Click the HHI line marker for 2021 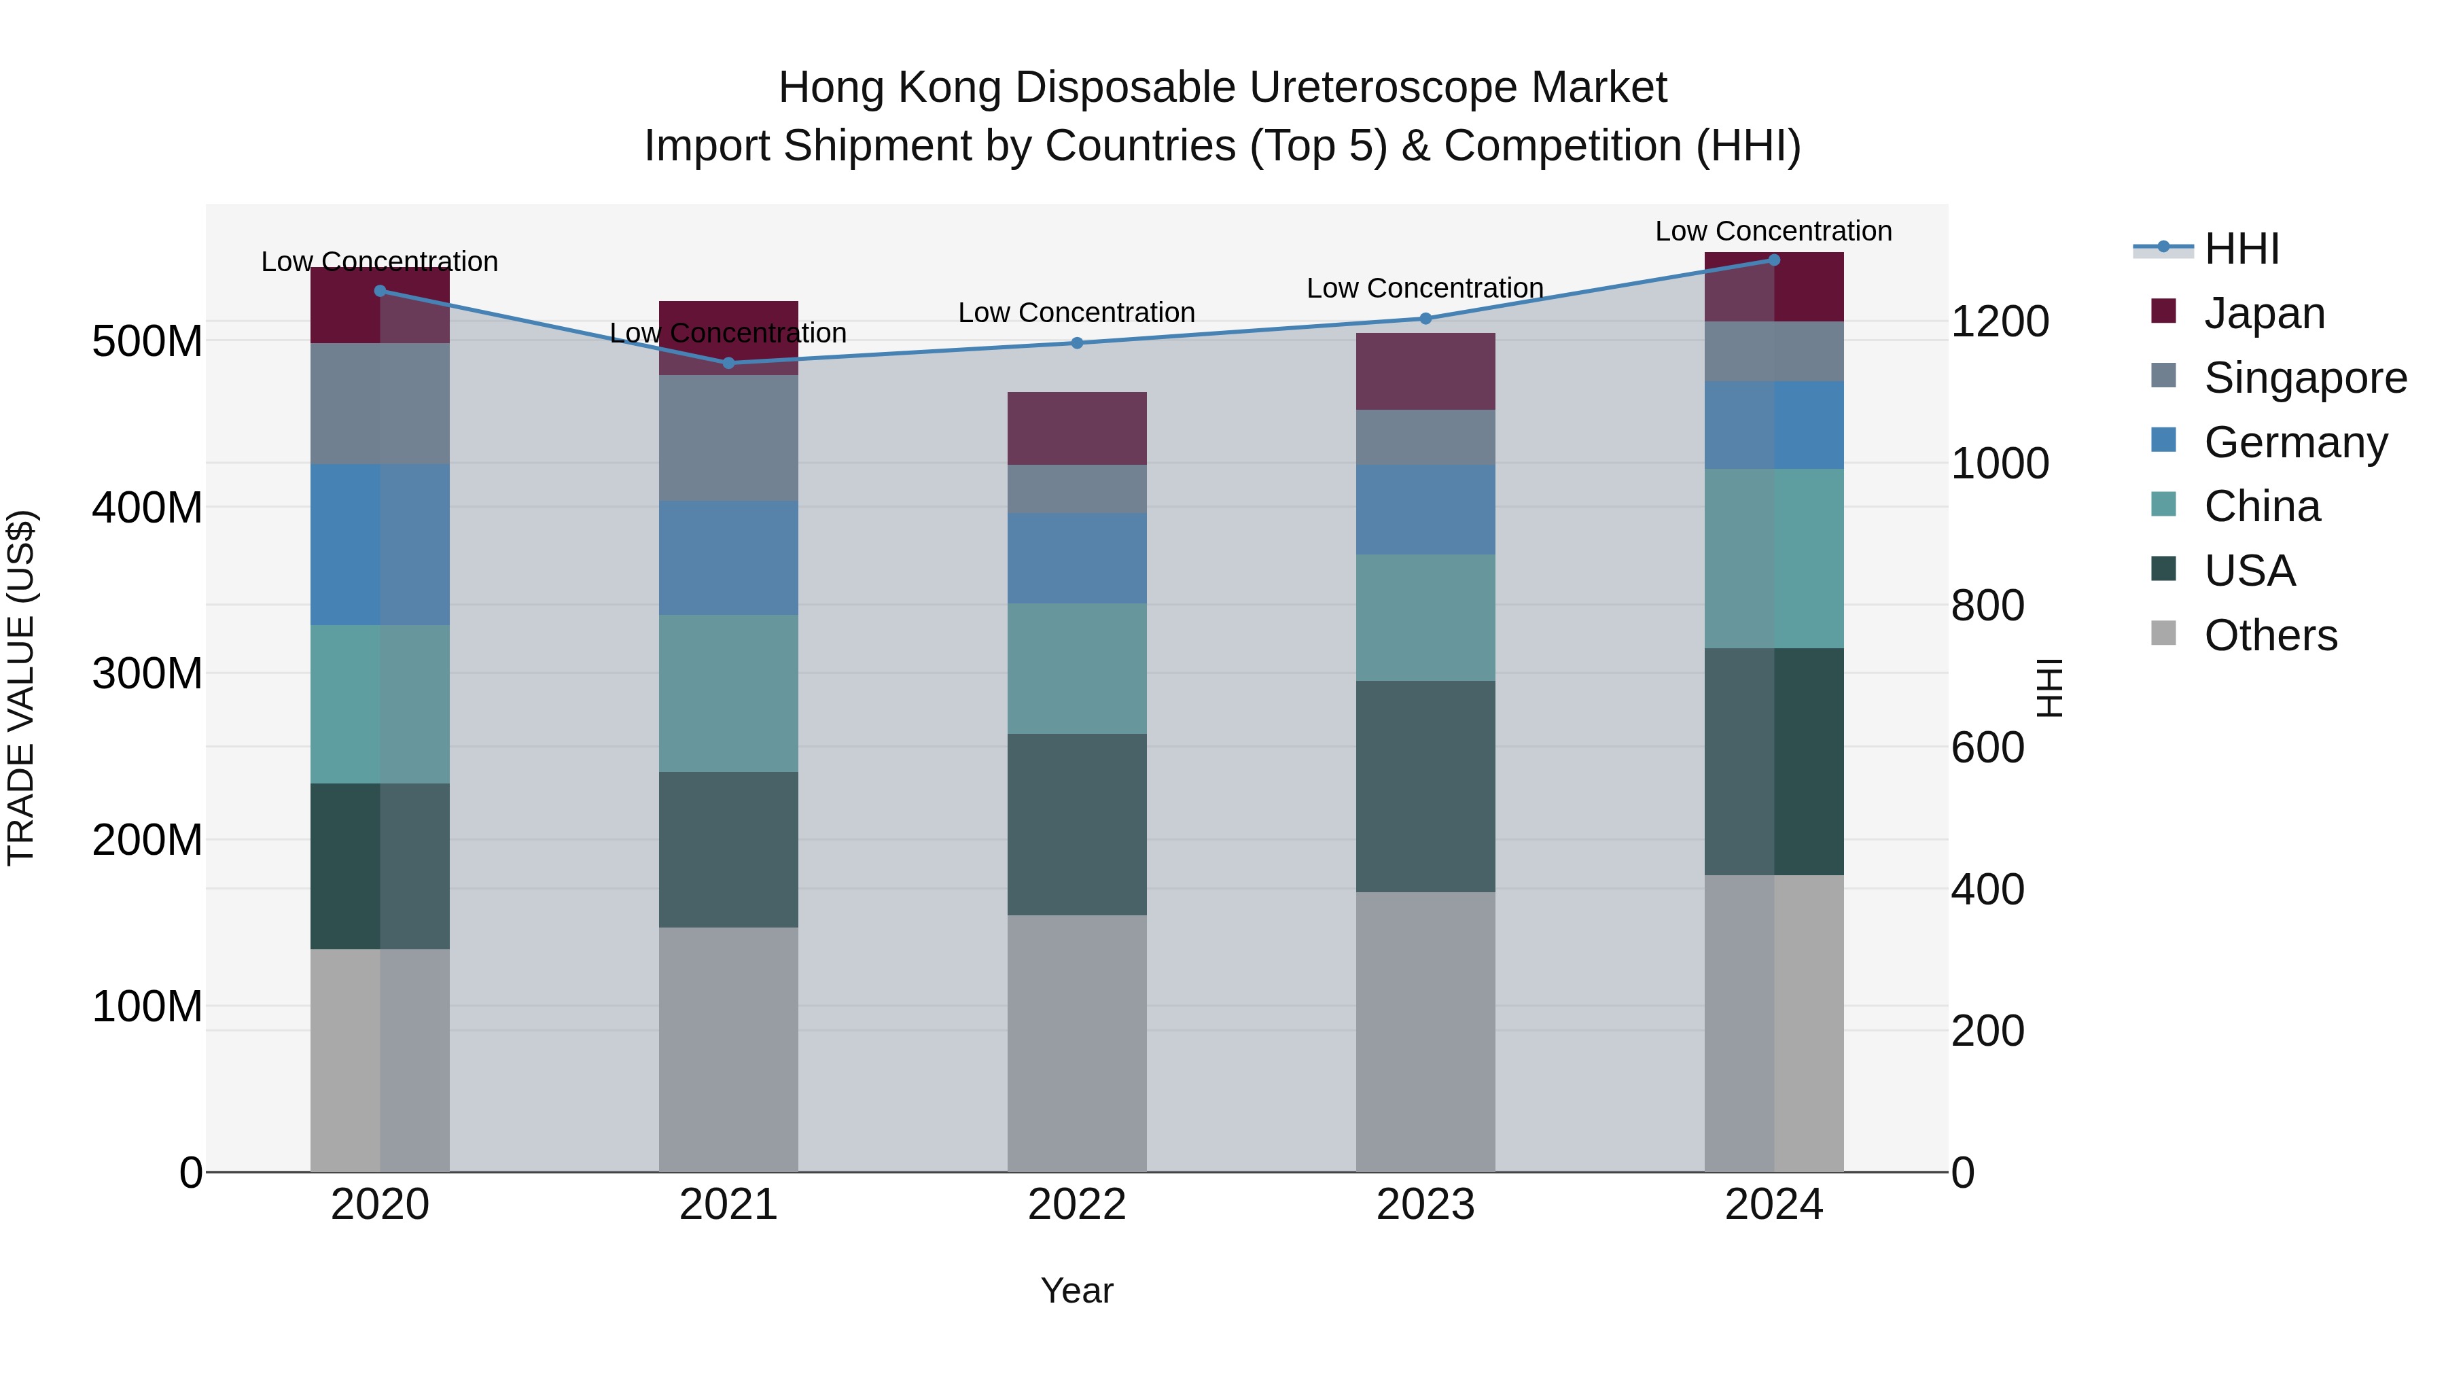point(728,363)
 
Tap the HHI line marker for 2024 point(1774,260)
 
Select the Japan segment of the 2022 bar point(1077,428)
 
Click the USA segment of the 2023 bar point(1425,786)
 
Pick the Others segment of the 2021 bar point(728,1049)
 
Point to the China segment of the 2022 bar point(1077,669)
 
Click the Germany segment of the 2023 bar point(1425,510)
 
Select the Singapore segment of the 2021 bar point(728,438)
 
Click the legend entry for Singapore point(2305,378)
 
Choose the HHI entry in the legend point(2241,249)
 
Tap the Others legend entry point(2269,635)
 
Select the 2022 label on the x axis point(1077,1205)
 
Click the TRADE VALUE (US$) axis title point(21,688)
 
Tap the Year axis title point(1077,1290)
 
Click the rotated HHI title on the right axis point(2051,688)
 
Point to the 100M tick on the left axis point(147,1006)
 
